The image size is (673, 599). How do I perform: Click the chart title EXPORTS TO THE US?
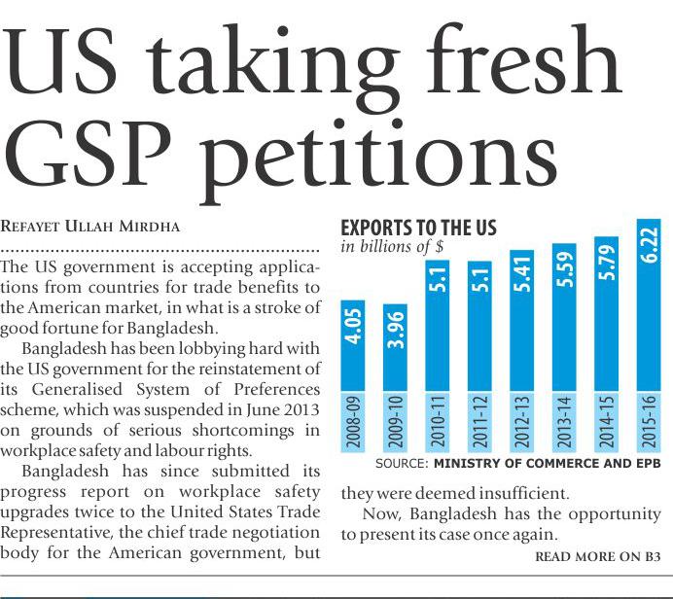418,229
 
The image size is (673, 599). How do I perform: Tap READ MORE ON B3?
597,557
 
